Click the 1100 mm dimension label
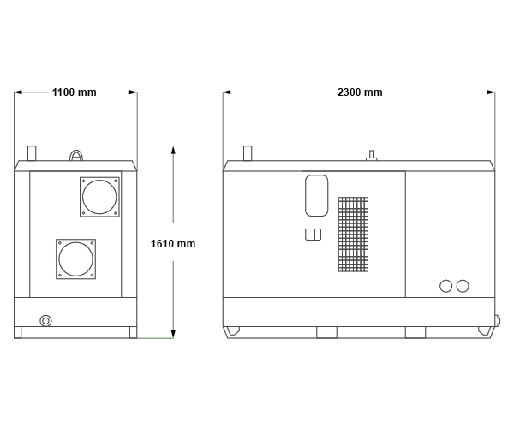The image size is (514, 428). (x=74, y=92)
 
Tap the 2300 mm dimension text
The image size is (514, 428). (x=360, y=92)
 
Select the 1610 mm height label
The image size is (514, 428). (x=173, y=244)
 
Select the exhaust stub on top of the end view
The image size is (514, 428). (x=32, y=153)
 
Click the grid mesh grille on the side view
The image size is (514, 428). (x=353, y=235)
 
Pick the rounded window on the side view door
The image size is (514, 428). (x=306, y=195)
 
